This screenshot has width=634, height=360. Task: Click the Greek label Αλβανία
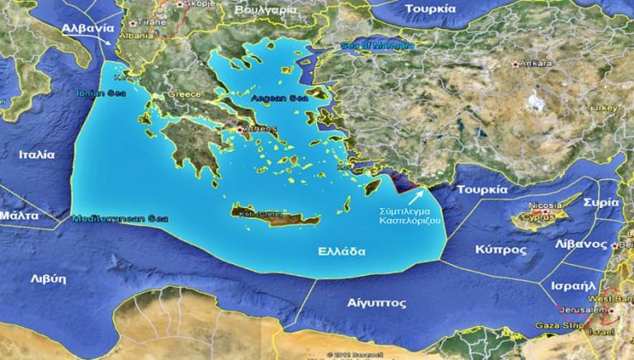pyautogui.click(x=87, y=27)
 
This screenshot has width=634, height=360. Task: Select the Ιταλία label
pyautogui.click(x=37, y=154)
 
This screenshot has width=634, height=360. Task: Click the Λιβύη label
pyautogui.click(x=47, y=278)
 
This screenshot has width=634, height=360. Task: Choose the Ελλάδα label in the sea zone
pyautogui.click(x=342, y=252)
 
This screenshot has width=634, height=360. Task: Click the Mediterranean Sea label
pyautogui.click(x=120, y=219)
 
